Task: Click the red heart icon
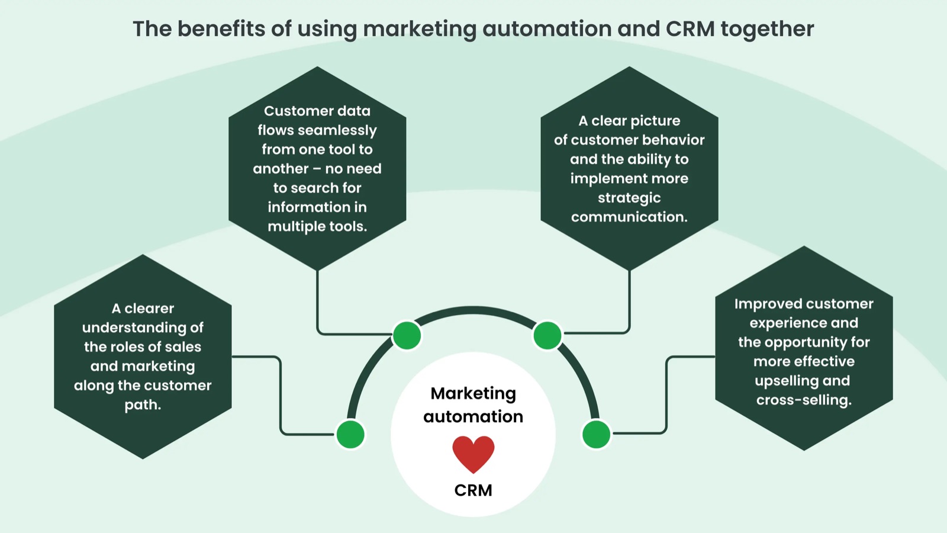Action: [473, 454]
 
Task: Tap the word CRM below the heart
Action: [473, 490]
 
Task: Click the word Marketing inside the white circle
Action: [473, 393]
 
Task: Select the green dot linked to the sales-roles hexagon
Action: [350, 434]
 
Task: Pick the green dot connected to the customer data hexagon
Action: [407, 335]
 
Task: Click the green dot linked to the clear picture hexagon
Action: [547, 335]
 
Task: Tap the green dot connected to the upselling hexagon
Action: [596, 434]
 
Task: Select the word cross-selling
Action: [803, 400]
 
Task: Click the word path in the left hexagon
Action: [141, 405]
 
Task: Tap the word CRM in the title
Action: [690, 29]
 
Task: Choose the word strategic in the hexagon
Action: [629, 198]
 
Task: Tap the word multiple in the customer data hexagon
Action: [296, 226]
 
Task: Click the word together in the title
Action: [767, 29]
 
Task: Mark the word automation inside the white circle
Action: [473, 416]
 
